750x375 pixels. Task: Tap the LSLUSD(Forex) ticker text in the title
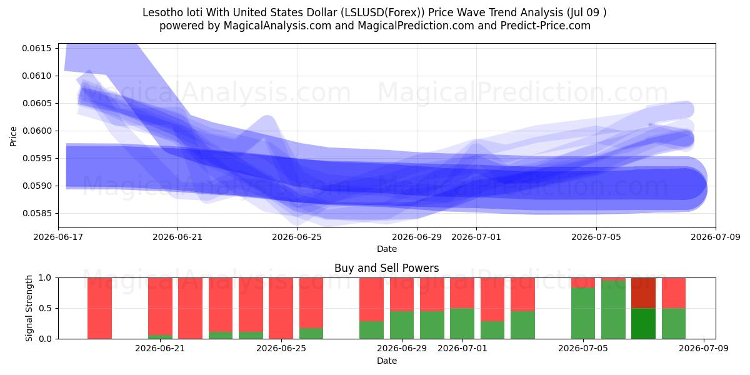[x=382, y=12]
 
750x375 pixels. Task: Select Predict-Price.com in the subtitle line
[x=545, y=26]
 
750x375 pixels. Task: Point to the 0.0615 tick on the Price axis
[x=37, y=49]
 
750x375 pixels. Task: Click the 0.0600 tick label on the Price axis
[x=37, y=131]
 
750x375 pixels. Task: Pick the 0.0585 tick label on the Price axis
[x=37, y=213]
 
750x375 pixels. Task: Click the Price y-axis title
[x=13, y=136]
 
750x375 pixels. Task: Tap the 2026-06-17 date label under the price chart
[x=58, y=237]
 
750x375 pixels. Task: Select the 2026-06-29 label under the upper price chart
[x=417, y=237]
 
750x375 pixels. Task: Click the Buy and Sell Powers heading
[x=386, y=268]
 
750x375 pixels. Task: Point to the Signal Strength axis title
[x=29, y=308]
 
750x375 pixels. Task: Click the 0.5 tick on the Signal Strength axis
[x=45, y=308]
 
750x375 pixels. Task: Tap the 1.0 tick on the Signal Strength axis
[x=45, y=278]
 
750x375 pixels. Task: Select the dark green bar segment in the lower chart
[x=643, y=324]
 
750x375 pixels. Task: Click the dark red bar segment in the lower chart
[x=643, y=293]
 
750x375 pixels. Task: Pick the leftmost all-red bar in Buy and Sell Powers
[x=100, y=308]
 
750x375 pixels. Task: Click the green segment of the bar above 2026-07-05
[x=583, y=313]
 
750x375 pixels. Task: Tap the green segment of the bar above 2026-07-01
[x=462, y=324]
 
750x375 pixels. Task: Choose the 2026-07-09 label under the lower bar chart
[x=704, y=349]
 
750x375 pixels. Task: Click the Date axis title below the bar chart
[x=387, y=361]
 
